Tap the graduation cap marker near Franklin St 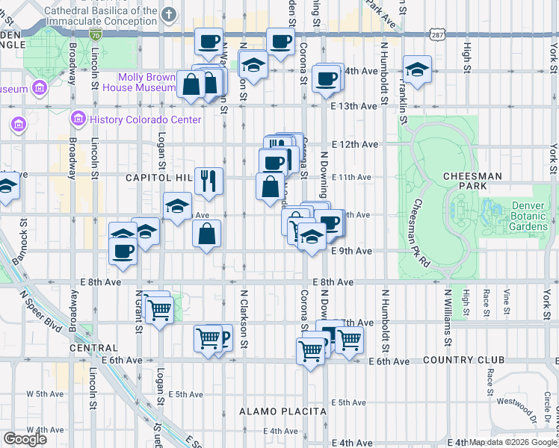(x=417, y=69)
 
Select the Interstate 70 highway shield (x=95, y=34)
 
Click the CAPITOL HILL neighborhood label (x=158, y=178)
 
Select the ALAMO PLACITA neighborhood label (x=282, y=411)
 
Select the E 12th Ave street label (x=354, y=143)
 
